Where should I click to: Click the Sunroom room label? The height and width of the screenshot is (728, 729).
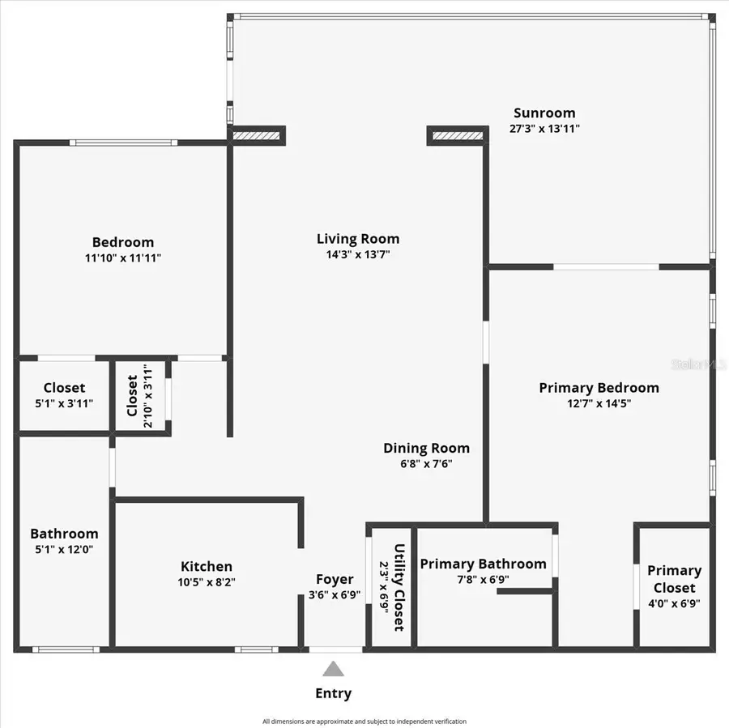[x=544, y=113]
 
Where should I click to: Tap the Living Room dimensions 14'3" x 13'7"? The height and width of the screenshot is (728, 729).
[x=357, y=254]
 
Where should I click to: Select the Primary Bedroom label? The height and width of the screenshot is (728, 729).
[x=599, y=388]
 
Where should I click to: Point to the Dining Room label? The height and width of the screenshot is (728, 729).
[x=426, y=449]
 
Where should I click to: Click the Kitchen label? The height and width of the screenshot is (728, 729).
[x=207, y=567]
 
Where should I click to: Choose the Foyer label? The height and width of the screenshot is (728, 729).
[x=335, y=579]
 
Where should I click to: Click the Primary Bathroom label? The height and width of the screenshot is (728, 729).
[x=483, y=564]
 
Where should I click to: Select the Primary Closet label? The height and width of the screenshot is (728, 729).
[x=674, y=579]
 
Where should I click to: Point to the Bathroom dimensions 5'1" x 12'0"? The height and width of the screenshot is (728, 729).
[x=64, y=549]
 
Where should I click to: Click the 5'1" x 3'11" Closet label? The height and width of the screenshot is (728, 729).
[x=64, y=388]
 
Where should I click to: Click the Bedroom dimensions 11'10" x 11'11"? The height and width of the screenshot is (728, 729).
[x=122, y=258]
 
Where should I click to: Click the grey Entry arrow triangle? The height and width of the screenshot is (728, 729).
[x=333, y=669]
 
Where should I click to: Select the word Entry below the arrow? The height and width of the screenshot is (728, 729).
[x=333, y=693]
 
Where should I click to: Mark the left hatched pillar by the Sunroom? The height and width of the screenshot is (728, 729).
[x=256, y=135]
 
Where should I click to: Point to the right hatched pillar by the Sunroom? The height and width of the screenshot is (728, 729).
[x=457, y=135]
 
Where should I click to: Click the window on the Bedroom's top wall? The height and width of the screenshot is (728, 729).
[x=122, y=143]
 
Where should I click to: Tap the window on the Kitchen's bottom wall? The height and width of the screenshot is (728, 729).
[x=256, y=649]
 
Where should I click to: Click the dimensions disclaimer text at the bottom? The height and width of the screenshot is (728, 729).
[x=364, y=721]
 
